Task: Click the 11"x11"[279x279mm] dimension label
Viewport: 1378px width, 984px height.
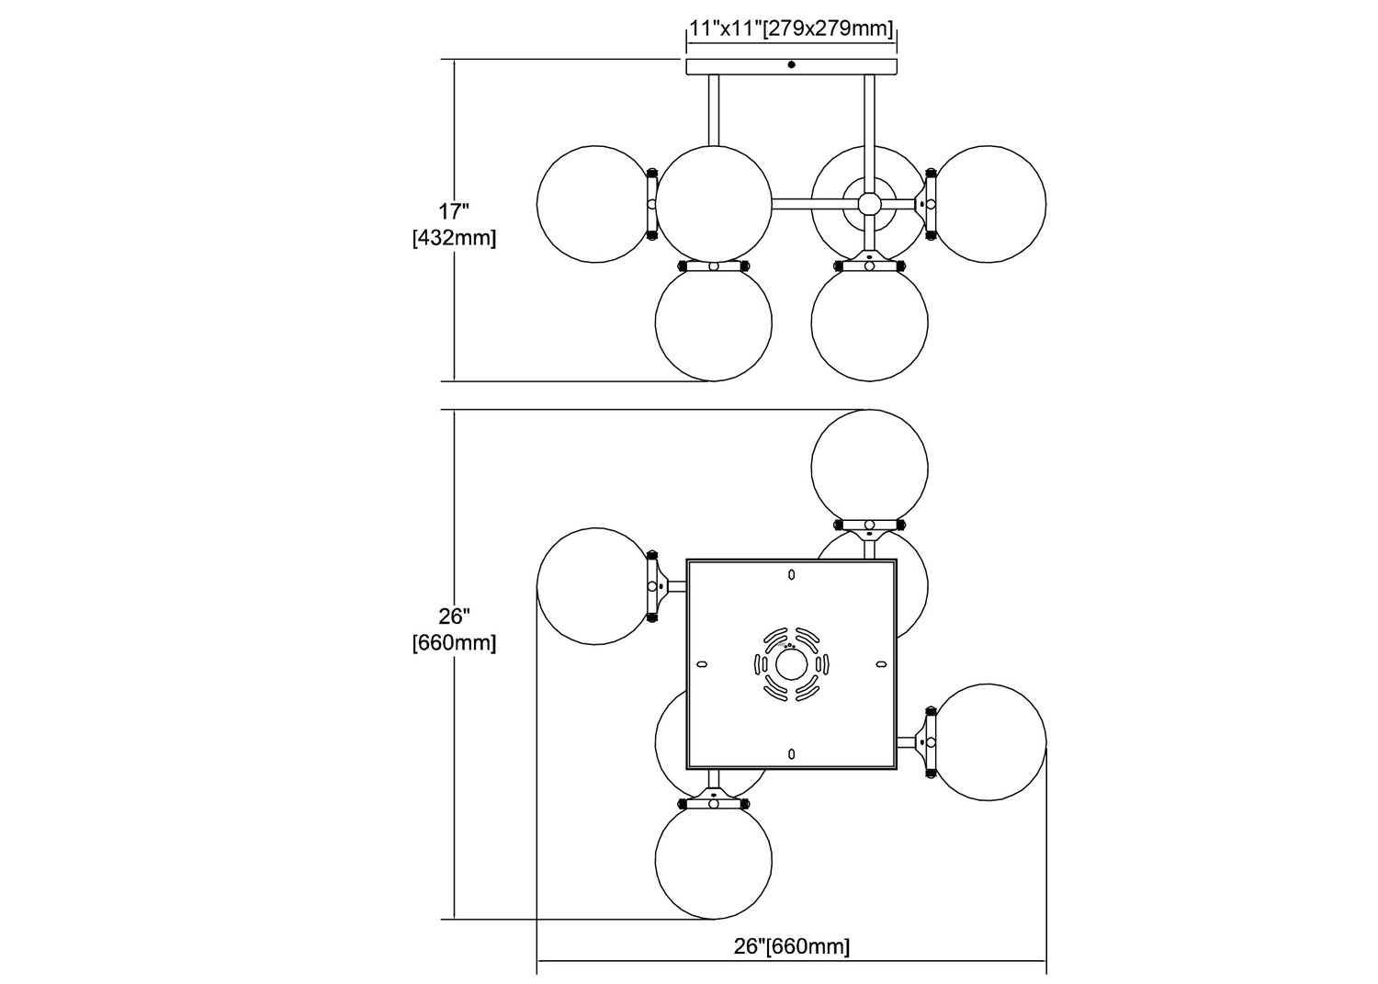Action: pyautogui.click(x=791, y=28)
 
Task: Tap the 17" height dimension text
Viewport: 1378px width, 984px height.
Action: pyautogui.click(x=454, y=211)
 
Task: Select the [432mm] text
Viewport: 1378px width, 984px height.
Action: pyautogui.click(x=454, y=238)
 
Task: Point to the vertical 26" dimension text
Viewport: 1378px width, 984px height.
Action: pyautogui.click(x=454, y=616)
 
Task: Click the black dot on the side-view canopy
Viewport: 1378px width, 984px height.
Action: pyautogui.click(x=791, y=64)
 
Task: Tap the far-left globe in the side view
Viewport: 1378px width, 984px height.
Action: pyautogui.click(x=595, y=204)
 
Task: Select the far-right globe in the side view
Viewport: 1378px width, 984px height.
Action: pyautogui.click(x=988, y=204)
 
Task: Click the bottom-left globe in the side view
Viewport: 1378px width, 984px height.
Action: pyautogui.click(x=714, y=323)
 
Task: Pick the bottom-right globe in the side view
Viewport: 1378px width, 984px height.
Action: pyautogui.click(x=869, y=323)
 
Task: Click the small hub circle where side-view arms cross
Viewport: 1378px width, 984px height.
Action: pyautogui.click(x=869, y=204)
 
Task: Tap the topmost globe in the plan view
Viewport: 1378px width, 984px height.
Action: pyautogui.click(x=869, y=469)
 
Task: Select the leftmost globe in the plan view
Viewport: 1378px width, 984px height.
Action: pyautogui.click(x=595, y=586)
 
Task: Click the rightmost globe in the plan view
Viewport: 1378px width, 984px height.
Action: pyautogui.click(x=988, y=742)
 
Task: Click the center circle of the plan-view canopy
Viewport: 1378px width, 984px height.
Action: pyautogui.click(x=791, y=664)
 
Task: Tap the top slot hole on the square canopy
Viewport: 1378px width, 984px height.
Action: pyautogui.click(x=792, y=574)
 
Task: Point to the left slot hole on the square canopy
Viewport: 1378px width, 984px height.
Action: pyautogui.click(x=701, y=664)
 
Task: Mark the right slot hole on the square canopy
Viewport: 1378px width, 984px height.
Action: pyautogui.click(x=881, y=664)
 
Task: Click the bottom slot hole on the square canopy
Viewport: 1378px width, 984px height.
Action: pyautogui.click(x=792, y=753)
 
